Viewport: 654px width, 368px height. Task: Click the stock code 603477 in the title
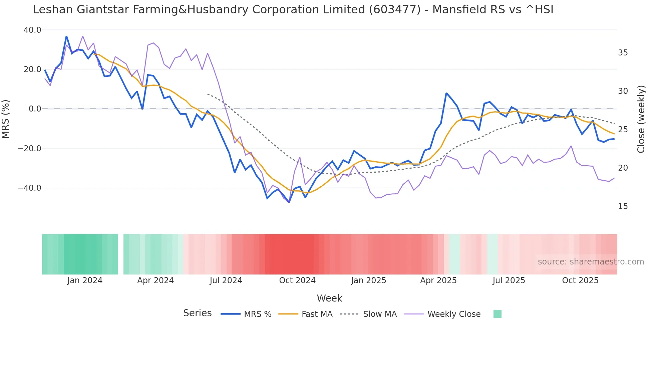(395, 10)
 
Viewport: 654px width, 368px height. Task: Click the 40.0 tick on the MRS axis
(32, 30)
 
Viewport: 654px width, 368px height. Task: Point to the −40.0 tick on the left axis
(29, 188)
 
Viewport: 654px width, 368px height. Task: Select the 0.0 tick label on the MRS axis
(35, 109)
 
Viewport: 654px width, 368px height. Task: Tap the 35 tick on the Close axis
(623, 53)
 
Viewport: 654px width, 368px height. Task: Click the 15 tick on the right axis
(623, 206)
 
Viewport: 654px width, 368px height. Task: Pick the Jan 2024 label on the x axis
(85, 281)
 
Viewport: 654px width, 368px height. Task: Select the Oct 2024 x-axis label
(297, 281)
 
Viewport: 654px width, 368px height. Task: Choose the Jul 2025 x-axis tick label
(509, 281)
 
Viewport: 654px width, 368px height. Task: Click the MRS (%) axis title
(6, 119)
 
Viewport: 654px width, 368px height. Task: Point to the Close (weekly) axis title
(641, 119)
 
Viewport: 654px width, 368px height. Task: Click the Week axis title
(329, 298)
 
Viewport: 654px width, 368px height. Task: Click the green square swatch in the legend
(497, 314)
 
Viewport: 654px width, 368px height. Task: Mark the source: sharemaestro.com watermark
(591, 262)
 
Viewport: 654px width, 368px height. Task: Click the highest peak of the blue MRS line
(66, 36)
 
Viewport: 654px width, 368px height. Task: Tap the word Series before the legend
(197, 313)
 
